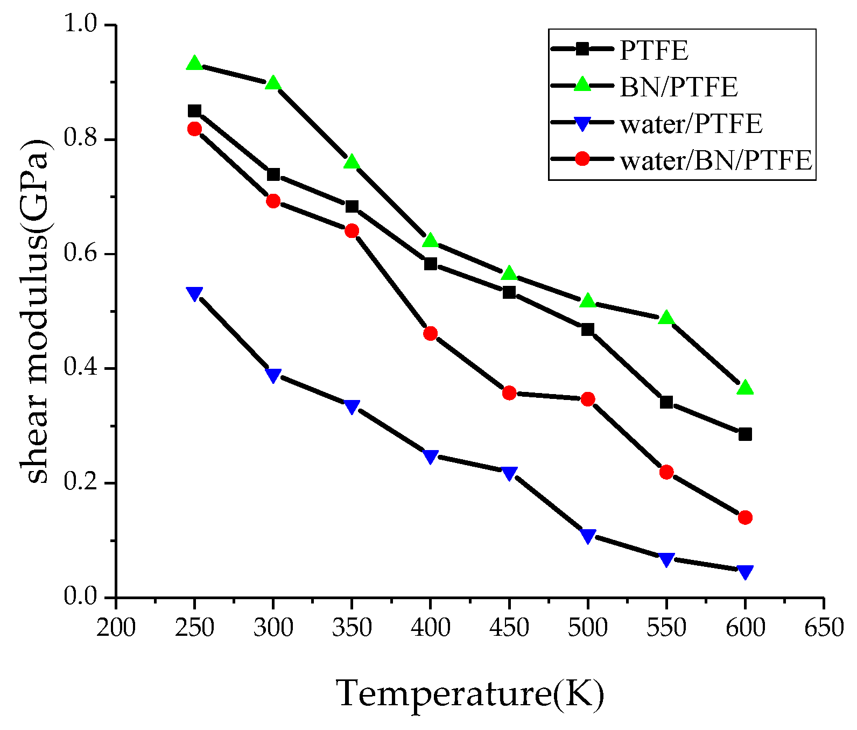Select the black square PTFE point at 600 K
point(745,434)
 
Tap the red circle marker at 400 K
point(430,334)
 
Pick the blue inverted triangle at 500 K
point(588,535)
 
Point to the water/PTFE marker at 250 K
point(194,293)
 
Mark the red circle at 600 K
point(745,518)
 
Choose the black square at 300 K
point(273,174)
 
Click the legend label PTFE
point(654,50)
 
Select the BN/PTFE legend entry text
point(678,87)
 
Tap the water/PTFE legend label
point(691,123)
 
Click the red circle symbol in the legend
point(582,159)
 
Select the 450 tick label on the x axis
point(509,628)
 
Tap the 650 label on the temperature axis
point(824,628)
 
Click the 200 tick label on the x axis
point(116,628)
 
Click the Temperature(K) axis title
point(470,693)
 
